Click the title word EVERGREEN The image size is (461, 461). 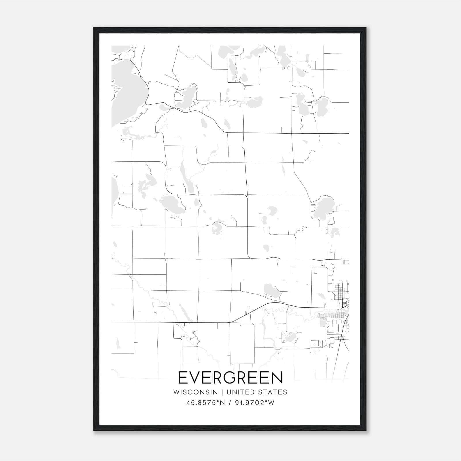(x=230, y=377)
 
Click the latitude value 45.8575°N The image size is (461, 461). (x=205, y=403)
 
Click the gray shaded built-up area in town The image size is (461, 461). (x=331, y=317)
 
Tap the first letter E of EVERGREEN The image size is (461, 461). (x=183, y=377)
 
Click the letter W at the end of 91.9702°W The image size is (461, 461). (x=271, y=403)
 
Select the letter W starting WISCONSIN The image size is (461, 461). (x=176, y=392)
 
